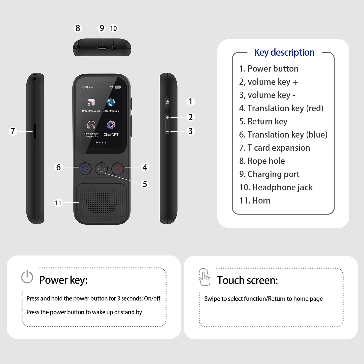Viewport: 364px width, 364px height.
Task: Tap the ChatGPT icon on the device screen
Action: [111, 125]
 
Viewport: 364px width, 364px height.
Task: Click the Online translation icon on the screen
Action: [91, 103]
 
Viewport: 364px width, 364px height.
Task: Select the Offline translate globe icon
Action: [111, 103]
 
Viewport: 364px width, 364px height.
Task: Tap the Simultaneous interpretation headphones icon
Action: [91, 125]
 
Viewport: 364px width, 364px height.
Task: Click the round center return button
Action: [101, 169]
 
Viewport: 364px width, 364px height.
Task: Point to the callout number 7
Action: [13, 131]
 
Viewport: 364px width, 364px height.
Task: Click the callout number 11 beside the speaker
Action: [58, 203]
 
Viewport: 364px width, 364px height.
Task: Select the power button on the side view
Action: [167, 102]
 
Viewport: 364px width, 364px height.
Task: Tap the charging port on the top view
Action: [102, 48]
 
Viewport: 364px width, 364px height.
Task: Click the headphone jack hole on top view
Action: [114, 48]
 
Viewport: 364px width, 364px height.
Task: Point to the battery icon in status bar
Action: [118, 87]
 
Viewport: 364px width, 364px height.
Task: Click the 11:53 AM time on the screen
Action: [87, 87]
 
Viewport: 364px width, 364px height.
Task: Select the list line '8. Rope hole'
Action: [262, 161]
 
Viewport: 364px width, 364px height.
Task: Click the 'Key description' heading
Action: [284, 52]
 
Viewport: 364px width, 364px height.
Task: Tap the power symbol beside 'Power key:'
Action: [27, 277]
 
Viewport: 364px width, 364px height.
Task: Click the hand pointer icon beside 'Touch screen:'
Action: [204, 277]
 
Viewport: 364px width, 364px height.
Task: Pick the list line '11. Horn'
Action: [255, 201]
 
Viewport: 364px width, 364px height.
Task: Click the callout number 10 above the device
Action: [113, 28]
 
